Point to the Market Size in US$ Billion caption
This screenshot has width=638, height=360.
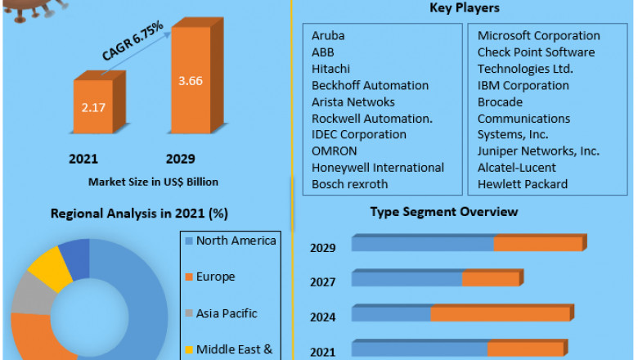[153, 182]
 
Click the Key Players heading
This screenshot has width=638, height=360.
[465, 8]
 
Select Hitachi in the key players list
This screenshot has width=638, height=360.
[330, 69]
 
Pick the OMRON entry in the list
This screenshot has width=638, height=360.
[335, 151]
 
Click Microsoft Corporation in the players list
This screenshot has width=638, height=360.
[538, 36]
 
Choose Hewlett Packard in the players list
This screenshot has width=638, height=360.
[523, 184]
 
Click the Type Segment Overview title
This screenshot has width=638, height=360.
[443, 212]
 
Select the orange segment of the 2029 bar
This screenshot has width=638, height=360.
[538, 244]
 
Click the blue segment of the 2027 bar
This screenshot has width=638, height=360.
[407, 279]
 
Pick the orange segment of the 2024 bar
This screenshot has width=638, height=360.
[500, 314]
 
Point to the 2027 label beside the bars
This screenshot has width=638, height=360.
[322, 283]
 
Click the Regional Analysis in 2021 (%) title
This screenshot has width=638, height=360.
[140, 214]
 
